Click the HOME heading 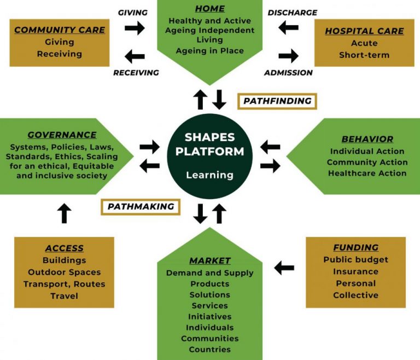pos(210,9)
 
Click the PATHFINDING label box pos(277,101)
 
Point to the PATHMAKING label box pos(141,206)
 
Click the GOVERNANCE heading pos(62,135)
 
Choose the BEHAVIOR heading pos(367,139)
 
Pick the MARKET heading pos(210,260)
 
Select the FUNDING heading pos(355,247)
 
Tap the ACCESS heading pos(65,248)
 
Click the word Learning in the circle pos(209,175)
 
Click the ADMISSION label pos(288,72)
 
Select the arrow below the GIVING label pos(135,28)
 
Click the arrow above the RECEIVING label pos(135,56)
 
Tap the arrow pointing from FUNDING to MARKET pos(284,268)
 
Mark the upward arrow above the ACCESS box pos(65,213)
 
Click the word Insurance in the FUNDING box pos(355,271)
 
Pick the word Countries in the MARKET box pos(210,349)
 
